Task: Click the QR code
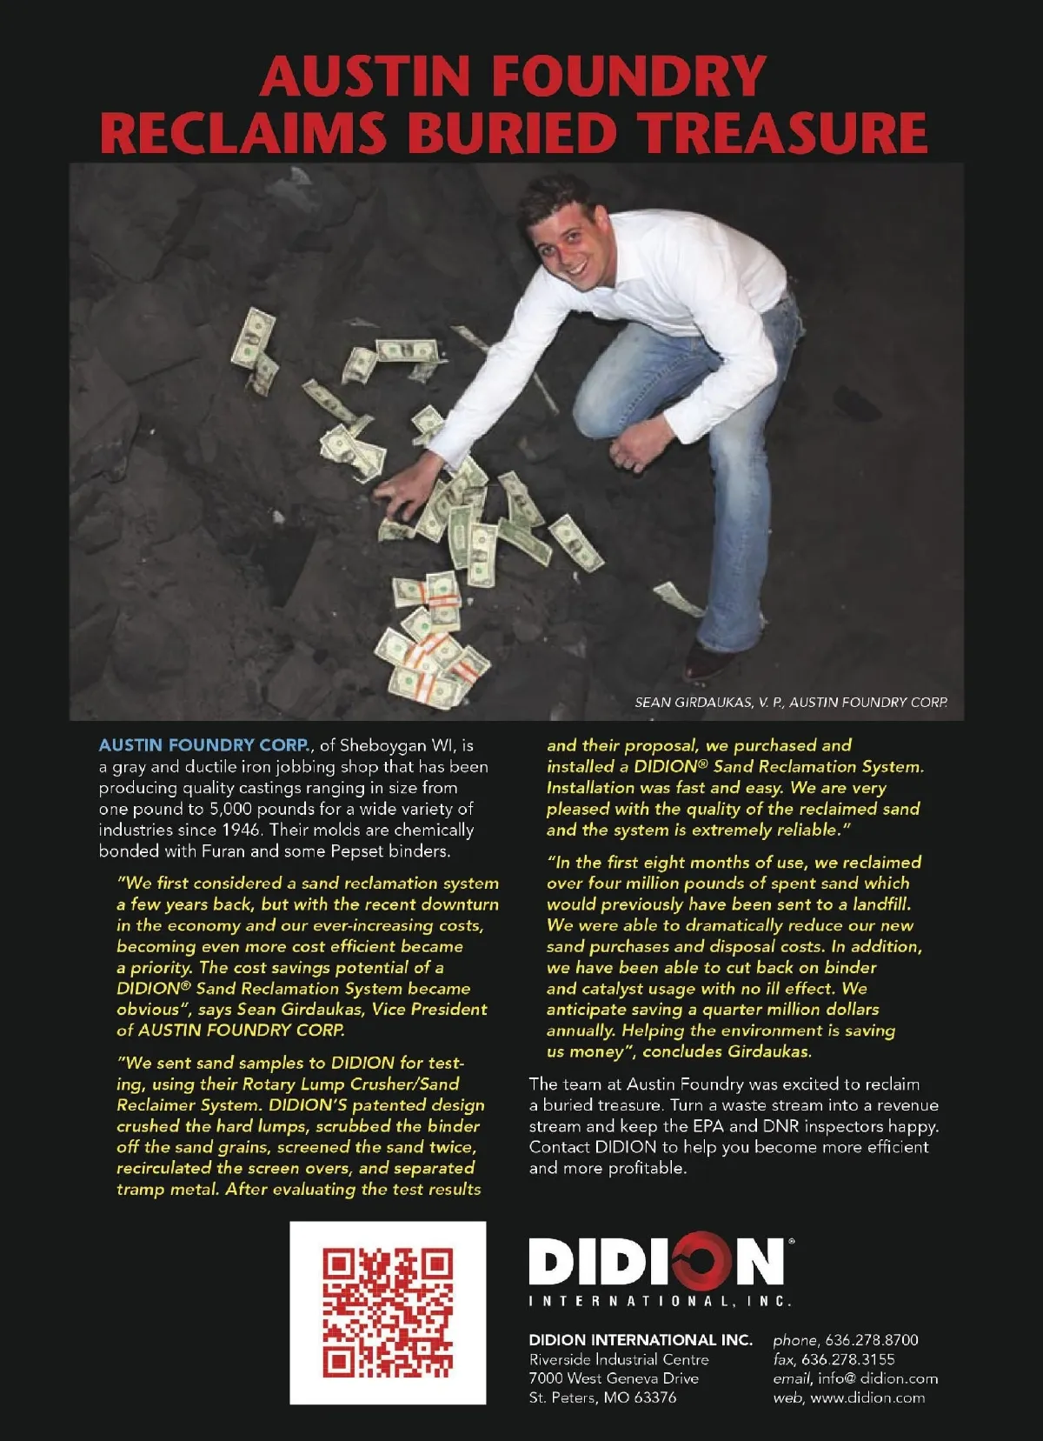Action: (388, 1312)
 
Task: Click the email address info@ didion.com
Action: (878, 1378)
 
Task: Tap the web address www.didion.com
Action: (867, 1398)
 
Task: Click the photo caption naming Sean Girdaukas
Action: (790, 702)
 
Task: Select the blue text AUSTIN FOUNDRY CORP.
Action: (204, 745)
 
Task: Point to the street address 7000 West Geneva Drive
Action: (614, 1378)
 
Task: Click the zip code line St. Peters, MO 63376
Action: (602, 1398)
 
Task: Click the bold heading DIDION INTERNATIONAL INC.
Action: (641, 1340)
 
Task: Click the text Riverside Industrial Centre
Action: (619, 1359)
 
